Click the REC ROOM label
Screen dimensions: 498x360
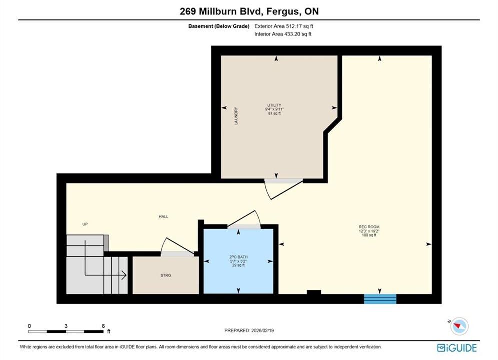point(369,227)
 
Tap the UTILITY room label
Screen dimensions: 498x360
point(274,105)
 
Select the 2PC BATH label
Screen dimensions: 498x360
point(239,257)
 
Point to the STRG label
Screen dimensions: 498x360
point(166,275)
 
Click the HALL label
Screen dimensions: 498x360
point(163,217)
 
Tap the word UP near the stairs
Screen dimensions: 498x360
point(85,224)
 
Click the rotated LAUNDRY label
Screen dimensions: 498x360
point(236,116)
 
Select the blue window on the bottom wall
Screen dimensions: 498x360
point(380,299)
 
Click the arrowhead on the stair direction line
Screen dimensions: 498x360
point(123,275)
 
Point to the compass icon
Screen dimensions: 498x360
point(459,326)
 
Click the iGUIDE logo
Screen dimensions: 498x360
point(457,348)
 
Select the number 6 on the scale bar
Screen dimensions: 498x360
point(103,326)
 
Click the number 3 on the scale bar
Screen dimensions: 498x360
point(66,326)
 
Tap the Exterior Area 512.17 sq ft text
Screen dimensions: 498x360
point(284,26)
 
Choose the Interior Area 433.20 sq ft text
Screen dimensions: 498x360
point(283,34)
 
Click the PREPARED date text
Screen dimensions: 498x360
point(249,330)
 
